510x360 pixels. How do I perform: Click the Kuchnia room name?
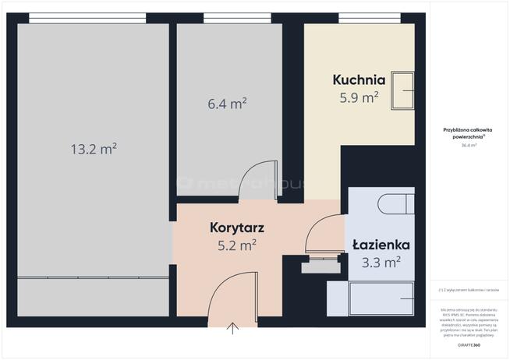coord(359,79)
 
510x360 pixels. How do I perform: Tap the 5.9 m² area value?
coord(359,97)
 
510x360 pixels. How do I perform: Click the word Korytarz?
coord(237,228)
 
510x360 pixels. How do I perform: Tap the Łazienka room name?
coord(381,244)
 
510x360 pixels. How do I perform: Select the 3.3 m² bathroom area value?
coord(381,262)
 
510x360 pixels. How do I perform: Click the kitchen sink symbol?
coord(403,91)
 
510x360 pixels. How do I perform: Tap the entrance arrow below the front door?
coord(233,329)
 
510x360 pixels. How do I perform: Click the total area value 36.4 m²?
coord(469,145)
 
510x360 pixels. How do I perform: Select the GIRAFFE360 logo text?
coord(469,344)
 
